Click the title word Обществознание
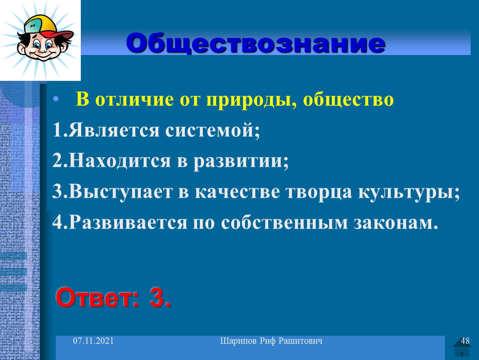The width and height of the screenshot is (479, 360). click(256, 43)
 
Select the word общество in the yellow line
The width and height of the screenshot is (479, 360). click(348, 100)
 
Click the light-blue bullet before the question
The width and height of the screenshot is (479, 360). click(55, 99)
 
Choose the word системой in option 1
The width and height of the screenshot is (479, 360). click(212, 130)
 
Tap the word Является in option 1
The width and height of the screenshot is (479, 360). click(114, 130)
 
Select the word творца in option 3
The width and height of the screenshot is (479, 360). click(319, 192)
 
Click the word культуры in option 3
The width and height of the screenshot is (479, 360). click(409, 192)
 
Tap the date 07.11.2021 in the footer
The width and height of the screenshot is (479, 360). click(93, 341)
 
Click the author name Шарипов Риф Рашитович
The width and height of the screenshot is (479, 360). click(271, 341)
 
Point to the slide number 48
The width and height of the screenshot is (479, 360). click(465, 341)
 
